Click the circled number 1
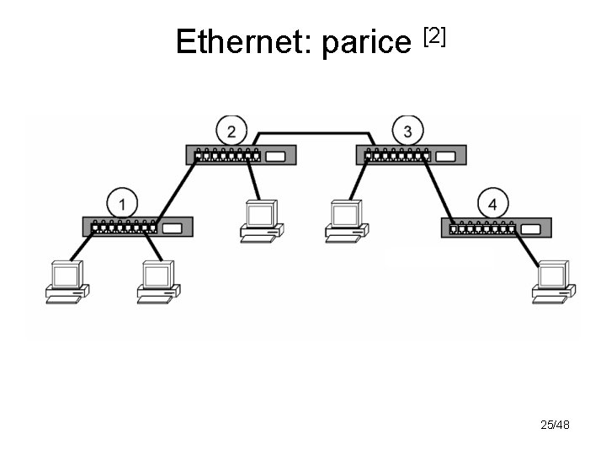[x=122, y=203]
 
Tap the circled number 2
[x=231, y=131]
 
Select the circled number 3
[x=407, y=131]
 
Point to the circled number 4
[x=492, y=204]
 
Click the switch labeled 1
[x=138, y=227]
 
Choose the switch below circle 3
[x=410, y=155]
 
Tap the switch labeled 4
[x=497, y=227]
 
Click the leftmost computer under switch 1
[x=66, y=281]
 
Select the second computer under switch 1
[x=158, y=281]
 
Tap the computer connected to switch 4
[x=554, y=281]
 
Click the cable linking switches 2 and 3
[x=313, y=132]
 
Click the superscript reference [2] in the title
[x=433, y=35]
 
